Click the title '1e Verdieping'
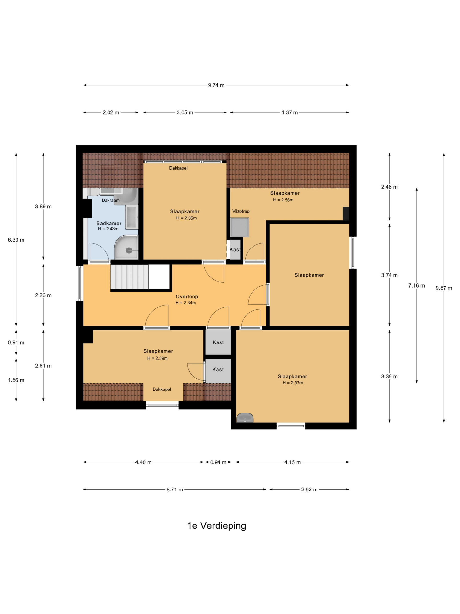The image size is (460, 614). coord(217,525)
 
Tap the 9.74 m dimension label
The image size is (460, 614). coord(216,85)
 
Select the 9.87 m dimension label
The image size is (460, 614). coord(444,288)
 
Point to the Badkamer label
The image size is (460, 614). coord(109,223)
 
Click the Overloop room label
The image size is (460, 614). coord(187,296)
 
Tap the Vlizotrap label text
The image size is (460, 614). coord(241,211)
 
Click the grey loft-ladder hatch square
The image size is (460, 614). coord(240,227)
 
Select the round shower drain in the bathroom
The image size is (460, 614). coord(129,250)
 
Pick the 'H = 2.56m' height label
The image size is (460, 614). coord(283,200)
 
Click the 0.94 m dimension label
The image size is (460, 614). coord(218,462)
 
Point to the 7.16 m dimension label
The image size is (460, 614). coord(416,285)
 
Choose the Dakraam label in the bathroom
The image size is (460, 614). coord(111,200)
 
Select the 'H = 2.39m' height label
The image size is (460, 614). coord(157,358)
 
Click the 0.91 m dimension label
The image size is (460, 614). coord(16,342)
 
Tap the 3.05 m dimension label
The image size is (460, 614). coord(185,112)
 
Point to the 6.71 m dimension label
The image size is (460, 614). coord(175,489)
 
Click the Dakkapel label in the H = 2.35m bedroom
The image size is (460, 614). coord(178,168)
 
